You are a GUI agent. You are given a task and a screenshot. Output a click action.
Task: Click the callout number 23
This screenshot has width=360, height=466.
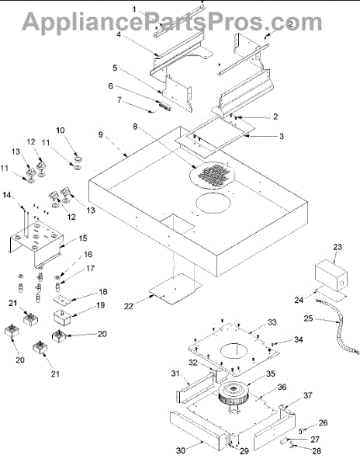tap(337, 247)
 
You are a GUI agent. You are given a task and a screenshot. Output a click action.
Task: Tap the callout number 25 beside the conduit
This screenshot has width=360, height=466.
tap(308, 318)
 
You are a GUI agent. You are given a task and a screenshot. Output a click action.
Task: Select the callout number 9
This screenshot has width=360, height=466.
tap(101, 134)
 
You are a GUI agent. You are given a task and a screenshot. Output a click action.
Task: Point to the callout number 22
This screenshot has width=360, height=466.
tap(129, 306)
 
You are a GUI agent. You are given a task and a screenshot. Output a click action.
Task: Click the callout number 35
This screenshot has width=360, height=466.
tap(270, 374)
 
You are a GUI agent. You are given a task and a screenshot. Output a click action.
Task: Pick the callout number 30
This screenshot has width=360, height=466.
tap(181, 450)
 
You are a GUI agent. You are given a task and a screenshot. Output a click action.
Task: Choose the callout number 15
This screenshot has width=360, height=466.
tap(83, 238)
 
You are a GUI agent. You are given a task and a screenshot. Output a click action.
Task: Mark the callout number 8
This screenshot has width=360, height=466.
tap(135, 127)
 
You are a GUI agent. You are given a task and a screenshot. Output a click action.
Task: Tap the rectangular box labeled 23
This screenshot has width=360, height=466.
tap(331, 276)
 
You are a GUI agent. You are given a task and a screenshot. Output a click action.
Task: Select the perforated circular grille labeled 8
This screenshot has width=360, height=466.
tap(212, 175)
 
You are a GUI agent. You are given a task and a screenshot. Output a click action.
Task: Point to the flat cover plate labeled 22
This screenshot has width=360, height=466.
tap(176, 289)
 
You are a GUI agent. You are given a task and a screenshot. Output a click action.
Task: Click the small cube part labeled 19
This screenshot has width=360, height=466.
tap(62, 318)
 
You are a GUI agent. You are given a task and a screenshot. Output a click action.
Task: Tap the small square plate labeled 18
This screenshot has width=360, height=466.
tap(63, 300)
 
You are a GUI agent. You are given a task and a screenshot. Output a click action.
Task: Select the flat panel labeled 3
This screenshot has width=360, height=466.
tap(215, 137)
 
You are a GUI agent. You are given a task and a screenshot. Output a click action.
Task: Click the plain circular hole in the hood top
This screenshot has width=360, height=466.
tap(213, 203)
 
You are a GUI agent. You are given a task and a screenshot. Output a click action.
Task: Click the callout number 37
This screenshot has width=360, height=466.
tap(308, 395)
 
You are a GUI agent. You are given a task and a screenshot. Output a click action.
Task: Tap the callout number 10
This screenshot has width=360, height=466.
tap(61, 130)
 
